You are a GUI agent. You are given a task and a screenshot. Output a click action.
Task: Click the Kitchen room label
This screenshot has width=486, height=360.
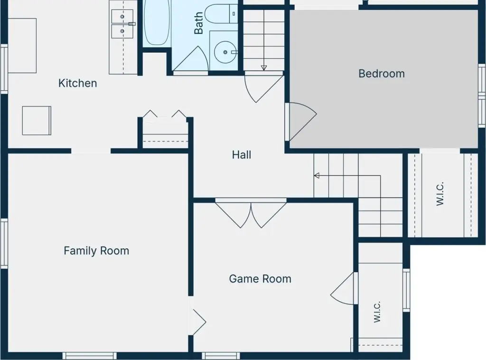(77, 83)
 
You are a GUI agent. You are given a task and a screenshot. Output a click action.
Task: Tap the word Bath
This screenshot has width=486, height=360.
(198, 23)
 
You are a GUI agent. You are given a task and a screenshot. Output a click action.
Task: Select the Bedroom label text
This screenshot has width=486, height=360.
(382, 74)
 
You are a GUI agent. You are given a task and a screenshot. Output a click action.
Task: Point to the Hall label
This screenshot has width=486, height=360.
(242, 155)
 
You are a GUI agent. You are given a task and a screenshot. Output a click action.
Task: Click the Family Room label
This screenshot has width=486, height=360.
(96, 251)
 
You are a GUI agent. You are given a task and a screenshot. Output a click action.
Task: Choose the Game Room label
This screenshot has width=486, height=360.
(260, 279)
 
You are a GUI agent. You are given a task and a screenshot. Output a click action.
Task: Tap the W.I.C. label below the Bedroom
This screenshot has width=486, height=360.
(440, 194)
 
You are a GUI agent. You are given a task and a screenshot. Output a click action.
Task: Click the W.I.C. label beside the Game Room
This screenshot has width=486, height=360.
(377, 312)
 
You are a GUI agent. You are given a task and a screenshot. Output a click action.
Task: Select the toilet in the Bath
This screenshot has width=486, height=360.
(221, 14)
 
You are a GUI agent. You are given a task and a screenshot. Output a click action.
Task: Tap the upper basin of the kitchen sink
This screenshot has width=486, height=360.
(122, 17)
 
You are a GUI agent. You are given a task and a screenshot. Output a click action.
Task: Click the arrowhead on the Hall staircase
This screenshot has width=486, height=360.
(317, 176)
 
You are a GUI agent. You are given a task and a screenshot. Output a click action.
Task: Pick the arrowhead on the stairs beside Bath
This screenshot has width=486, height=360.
(264, 67)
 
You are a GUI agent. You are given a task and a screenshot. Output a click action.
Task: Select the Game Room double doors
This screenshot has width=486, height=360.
(251, 215)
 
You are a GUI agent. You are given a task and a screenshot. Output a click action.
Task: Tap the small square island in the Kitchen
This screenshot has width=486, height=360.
(37, 121)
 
